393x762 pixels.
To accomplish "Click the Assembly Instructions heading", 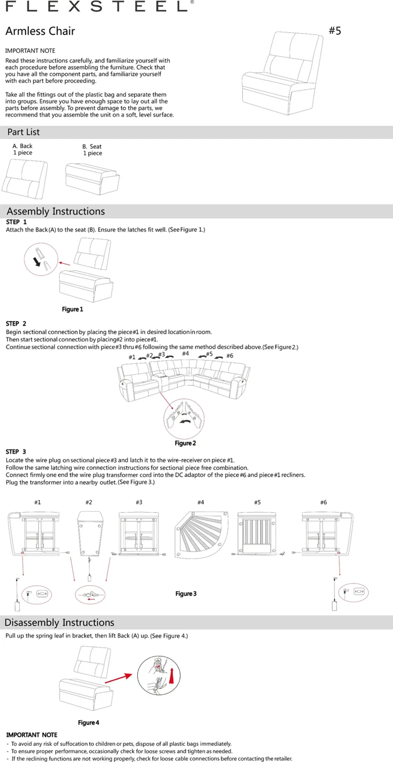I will (56, 211).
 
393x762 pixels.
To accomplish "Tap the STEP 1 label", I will (16, 222).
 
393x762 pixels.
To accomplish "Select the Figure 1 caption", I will (72, 309).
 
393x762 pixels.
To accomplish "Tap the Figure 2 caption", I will (185, 443).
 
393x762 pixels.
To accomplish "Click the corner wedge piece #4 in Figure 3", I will (201, 535).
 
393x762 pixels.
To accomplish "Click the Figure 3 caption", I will (186, 594).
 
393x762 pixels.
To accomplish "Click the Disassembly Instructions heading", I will (59, 622).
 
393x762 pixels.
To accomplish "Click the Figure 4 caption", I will (88, 723).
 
